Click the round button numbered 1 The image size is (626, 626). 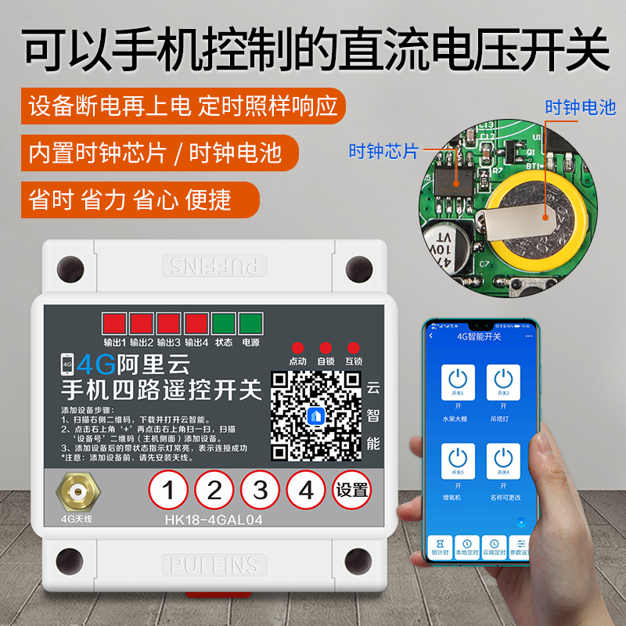click(169, 491)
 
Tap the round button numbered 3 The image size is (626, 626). click(261, 491)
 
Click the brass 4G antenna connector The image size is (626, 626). click(76, 491)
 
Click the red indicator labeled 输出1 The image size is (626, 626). click(114, 324)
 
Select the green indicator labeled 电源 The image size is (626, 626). click(250, 324)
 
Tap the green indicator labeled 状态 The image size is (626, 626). click(224, 324)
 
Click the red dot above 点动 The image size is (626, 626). click(297, 347)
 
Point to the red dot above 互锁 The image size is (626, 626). click(353, 347)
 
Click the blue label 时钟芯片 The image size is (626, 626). click(383, 151)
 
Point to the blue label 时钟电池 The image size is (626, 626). click(580, 108)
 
